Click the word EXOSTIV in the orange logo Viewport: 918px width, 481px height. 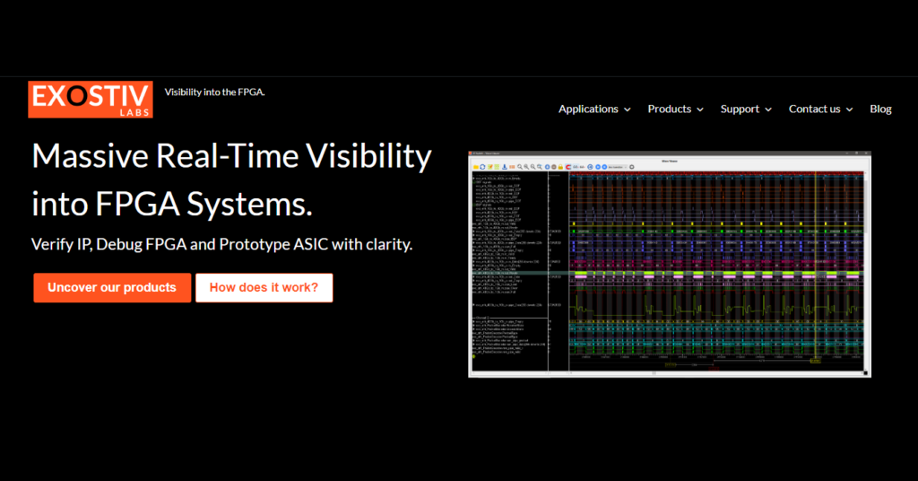(90, 96)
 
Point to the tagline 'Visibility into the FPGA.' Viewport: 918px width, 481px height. (215, 92)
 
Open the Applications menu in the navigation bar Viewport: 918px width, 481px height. (588, 109)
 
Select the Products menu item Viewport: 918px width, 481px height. (670, 109)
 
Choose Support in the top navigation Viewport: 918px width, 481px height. (740, 109)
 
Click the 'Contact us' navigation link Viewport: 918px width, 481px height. (814, 109)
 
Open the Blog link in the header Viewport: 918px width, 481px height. (880, 109)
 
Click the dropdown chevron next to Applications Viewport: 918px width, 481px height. (628, 109)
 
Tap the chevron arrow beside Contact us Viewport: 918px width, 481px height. (849, 109)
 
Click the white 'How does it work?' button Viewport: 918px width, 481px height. (264, 287)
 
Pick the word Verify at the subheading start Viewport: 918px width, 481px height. (53, 243)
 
